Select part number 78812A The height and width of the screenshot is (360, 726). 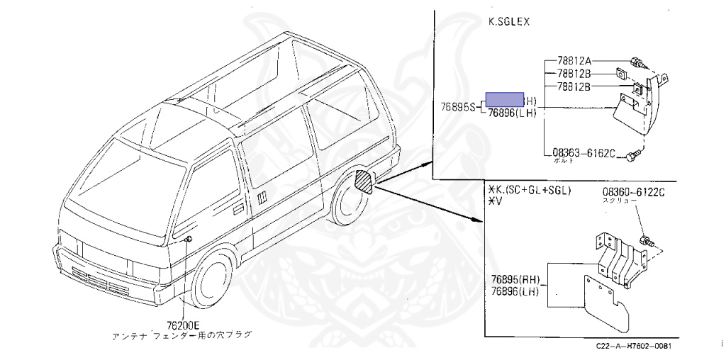click(x=574, y=60)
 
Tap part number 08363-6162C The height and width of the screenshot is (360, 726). click(x=585, y=152)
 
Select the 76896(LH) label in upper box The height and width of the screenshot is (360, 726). click(x=512, y=112)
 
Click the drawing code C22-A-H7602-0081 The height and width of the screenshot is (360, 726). click(x=634, y=346)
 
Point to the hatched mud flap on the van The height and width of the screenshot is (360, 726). click(x=363, y=182)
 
